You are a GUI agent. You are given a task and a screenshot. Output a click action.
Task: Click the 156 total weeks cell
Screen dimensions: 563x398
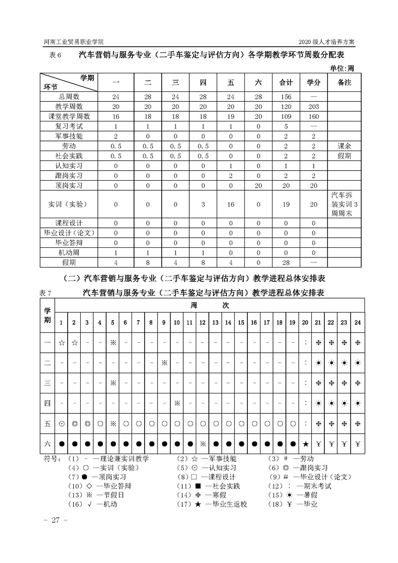pyautogui.click(x=286, y=97)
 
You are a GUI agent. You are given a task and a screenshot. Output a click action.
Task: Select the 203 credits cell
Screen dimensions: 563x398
pyautogui.click(x=313, y=106)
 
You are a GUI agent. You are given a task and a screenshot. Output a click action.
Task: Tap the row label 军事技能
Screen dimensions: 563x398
pyautogui.click(x=69, y=136)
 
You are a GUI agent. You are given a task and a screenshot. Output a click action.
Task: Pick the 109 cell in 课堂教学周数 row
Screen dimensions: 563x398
pyautogui.click(x=286, y=116)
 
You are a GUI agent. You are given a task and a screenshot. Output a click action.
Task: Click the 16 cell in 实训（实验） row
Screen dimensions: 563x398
pyautogui.click(x=231, y=204)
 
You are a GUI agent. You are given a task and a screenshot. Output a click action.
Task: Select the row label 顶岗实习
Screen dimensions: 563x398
pyautogui.click(x=69, y=185)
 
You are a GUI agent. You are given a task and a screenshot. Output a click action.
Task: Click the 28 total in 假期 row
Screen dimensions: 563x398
pyautogui.click(x=286, y=262)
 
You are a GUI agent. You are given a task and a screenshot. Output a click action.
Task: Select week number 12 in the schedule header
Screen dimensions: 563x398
pyautogui.click(x=203, y=322)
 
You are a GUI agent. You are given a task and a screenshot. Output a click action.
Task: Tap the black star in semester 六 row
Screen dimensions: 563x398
pyautogui.click(x=306, y=444)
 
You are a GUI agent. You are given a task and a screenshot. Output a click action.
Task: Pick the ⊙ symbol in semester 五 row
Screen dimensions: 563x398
pyautogui.click(x=62, y=424)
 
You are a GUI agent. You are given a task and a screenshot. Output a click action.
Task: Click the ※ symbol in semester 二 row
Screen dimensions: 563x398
pyautogui.click(x=164, y=363)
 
